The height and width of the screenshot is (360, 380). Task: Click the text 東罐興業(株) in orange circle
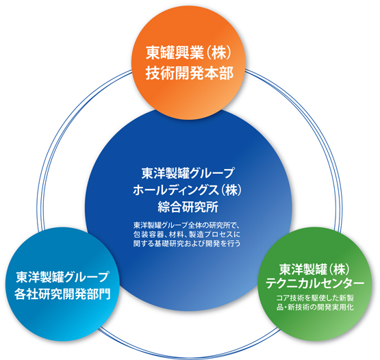(188, 53)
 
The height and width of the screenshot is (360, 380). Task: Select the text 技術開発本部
(190, 73)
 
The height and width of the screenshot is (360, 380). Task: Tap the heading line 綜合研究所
(188, 207)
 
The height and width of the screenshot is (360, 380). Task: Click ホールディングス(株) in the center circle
(188, 190)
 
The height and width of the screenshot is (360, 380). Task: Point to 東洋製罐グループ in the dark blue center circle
(188, 173)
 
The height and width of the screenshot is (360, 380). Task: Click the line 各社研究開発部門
(62, 294)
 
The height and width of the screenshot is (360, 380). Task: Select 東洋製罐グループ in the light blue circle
(62, 277)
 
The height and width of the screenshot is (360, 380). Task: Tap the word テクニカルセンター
(315, 283)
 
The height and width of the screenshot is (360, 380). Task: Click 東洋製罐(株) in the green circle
(315, 269)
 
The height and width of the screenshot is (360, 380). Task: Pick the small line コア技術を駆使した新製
(315, 298)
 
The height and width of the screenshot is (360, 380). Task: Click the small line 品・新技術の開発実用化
(315, 307)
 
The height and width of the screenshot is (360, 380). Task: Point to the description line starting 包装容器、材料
(187, 234)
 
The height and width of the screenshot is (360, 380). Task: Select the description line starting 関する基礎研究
(187, 243)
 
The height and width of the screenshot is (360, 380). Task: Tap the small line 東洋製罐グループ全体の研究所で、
(187, 225)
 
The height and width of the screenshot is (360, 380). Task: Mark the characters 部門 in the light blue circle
(99, 294)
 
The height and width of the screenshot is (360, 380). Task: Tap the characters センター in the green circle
(340, 283)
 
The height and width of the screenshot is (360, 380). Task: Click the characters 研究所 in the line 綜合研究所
(201, 207)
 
